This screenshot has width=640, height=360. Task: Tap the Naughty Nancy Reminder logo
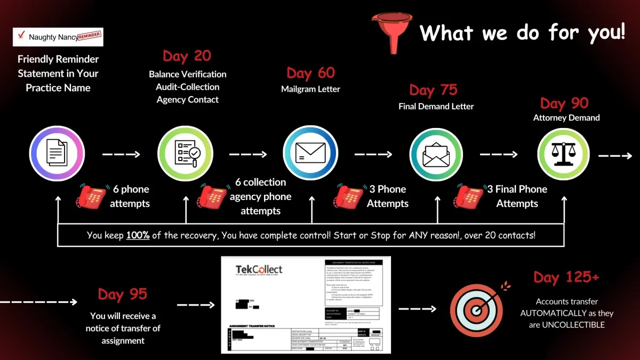pyautogui.click(x=58, y=37)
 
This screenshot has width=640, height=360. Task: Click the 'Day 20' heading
pyautogui.click(x=187, y=56)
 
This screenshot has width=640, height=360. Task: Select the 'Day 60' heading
pyautogui.click(x=310, y=73)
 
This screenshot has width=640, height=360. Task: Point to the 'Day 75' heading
pyautogui.click(x=433, y=90)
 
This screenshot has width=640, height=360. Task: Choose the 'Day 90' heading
pyautogui.click(x=564, y=103)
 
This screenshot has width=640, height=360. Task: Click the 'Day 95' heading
pyautogui.click(x=122, y=294)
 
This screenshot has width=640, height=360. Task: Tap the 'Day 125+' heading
pyautogui.click(x=566, y=277)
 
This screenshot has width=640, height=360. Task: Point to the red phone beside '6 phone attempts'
pyautogui.click(x=92, y=196)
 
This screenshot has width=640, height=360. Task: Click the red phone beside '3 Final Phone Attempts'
pyautogui.click(x=469, y=196)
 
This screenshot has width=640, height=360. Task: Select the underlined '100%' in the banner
pyautogui.click(x=138, y=235)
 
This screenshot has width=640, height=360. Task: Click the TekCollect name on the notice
pyautogui.click(x=259, y=270)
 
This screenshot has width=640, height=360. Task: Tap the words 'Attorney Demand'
pyautogui.click(x=566, y=118)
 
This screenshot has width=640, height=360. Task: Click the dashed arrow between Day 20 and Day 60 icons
pyautogui.click(x=248, y=155)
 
